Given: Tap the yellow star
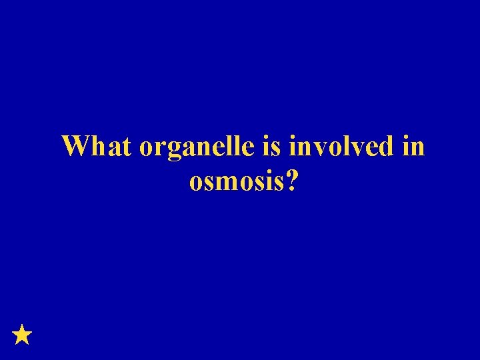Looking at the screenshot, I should (22, 334).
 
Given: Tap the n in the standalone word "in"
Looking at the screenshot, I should (417, 148).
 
